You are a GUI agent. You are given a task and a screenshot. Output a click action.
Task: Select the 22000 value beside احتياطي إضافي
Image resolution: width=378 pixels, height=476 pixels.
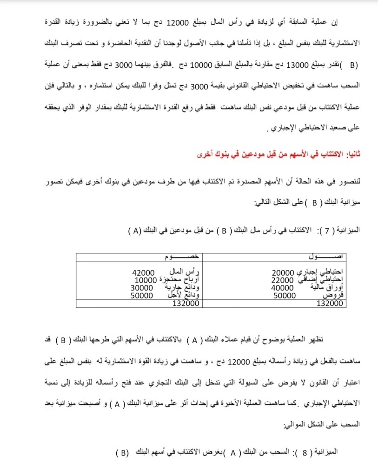pos(283,280)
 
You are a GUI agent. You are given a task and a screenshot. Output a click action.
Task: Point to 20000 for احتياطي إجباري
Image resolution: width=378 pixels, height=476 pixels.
pos(282,272)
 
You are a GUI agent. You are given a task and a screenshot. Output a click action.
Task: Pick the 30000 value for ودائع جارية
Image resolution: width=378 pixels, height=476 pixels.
pos(142,287)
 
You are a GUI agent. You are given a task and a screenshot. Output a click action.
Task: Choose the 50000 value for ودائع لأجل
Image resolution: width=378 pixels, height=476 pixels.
pos(142,295)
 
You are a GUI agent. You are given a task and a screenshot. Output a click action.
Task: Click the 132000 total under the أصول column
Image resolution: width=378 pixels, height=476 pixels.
pos(330,303)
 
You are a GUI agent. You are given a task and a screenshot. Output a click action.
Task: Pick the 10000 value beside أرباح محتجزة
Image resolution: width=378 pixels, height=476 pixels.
pos(146,280)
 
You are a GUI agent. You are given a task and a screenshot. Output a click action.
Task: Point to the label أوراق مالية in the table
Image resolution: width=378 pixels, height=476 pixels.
pos(319,287)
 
